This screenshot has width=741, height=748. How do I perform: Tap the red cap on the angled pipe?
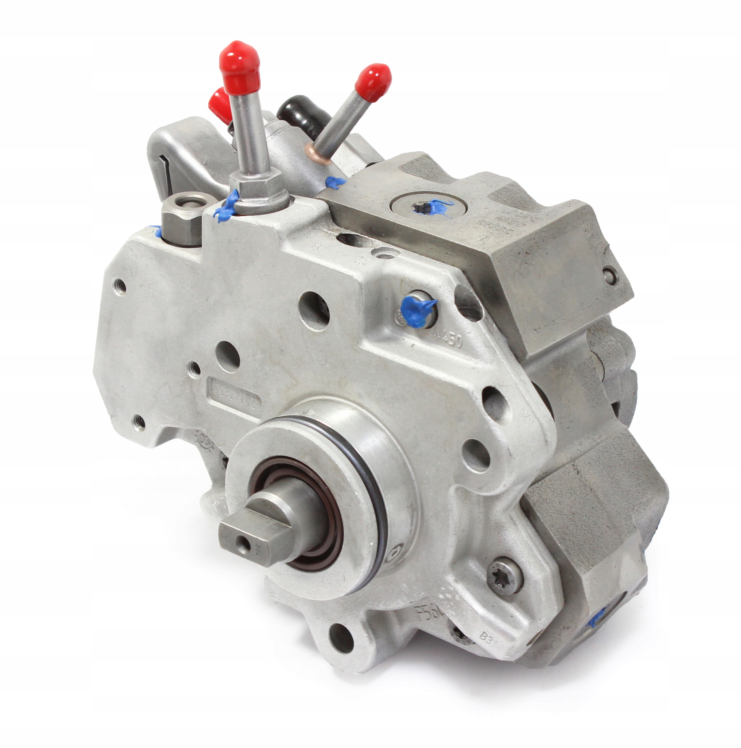[x=373, y=82]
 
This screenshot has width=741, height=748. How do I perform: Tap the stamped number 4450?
[x=448, y=338]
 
